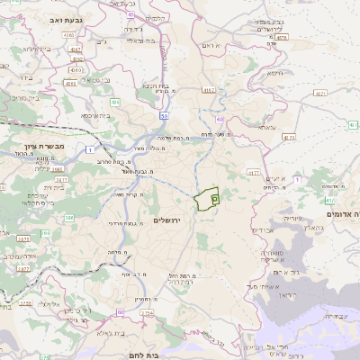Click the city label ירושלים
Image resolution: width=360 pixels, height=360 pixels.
167,220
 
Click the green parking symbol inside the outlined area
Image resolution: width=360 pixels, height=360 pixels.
214,196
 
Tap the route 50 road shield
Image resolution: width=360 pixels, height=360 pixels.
164,116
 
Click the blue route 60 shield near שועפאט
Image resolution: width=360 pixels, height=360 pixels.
219,118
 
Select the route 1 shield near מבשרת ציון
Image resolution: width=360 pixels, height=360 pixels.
90,149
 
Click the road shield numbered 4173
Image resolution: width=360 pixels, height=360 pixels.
288,137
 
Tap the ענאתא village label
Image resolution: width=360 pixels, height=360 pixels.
267,128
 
